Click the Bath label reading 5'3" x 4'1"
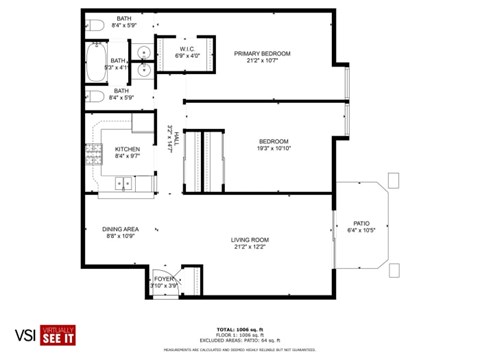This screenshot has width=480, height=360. click(119, 63)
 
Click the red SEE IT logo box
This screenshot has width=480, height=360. click(59, 337)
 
